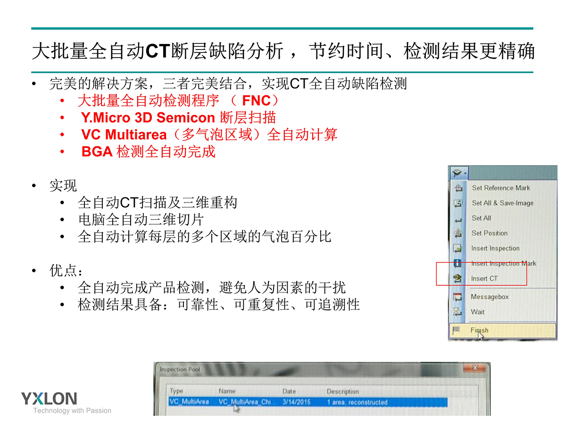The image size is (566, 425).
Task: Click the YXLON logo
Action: pyautogui.click(x=49, y=399)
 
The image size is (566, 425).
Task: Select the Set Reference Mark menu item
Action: pyautogui.click(x=501, y=188)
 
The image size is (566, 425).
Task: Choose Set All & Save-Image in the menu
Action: pyautogui.click(x=503, y=203)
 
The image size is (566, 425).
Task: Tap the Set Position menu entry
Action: pyautogui.click(x=490, y=233)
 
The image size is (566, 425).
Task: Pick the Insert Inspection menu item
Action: pyautogui.click(x=495, y=248)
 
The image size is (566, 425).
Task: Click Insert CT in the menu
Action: pyautogui.click(x=484, y=279)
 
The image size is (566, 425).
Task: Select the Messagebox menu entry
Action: pyautogui.click(x=490, y=297)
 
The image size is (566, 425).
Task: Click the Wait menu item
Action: pyautogui.click(x=477, y=312)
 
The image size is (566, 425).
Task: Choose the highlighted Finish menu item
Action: pyautogui.click(x=502, y=330)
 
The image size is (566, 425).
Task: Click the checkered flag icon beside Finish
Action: pyautogui.click(x=456, y=330)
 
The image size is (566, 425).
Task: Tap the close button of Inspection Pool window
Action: pyautogui.click(x=474, y=368)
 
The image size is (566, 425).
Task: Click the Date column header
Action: pyautogui.click(x=289, y=391)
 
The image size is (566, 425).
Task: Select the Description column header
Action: pyautogui.click(x=343, y=391)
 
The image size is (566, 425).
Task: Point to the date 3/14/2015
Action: pyautogui.click(x=296, y=402)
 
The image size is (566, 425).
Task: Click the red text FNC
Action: pyautogui.click(x=256, y=101)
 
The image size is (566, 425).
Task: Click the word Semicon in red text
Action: pyautogui.click(x=186, y=118)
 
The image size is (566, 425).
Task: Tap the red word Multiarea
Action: pyautogui.click(x=136, y=135)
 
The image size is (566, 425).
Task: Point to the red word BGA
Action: pyautogui.click(x=97, y=152)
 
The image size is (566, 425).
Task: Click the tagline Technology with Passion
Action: pyautogui.click(x=72, y=410)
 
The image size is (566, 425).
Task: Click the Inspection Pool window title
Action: pyautogui.click(x=180, y=369)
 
